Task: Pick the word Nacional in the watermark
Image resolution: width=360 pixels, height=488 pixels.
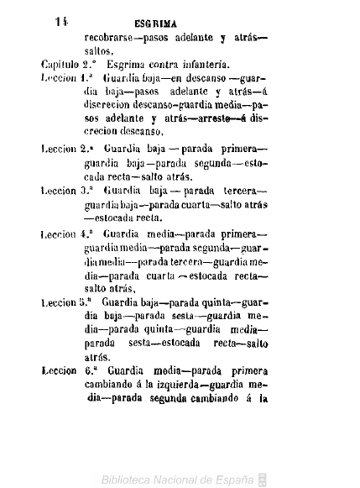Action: coord(183,479)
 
